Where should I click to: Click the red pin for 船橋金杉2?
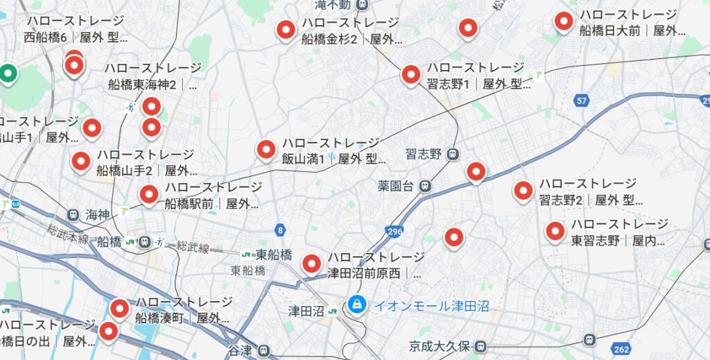[286, 30]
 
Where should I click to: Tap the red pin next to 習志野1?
[410, 74]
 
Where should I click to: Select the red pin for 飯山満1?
[266, 149]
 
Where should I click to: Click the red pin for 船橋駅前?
[148, 194]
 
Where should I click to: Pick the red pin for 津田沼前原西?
[312, 263]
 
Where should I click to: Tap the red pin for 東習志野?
[555, 231]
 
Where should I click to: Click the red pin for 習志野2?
[523, 190]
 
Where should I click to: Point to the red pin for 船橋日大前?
[564, 22]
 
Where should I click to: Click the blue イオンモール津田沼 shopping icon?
[357, 304]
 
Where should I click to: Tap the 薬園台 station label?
[396, 186]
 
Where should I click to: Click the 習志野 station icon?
[453, 153]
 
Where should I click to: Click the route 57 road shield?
[581, 101]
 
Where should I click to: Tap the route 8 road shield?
[279, 229]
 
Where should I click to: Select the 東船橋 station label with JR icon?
[267, 255]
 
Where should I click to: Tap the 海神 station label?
[97, 215]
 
